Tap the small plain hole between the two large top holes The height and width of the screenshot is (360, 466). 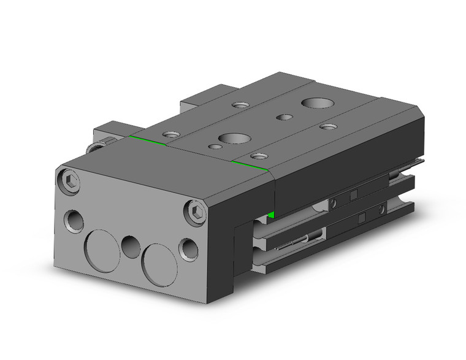283,117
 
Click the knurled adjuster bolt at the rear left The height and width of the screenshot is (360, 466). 96,147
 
